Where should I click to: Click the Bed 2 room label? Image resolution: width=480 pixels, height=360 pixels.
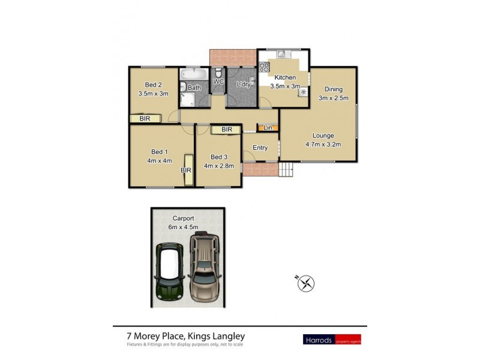click(x=153, y=85)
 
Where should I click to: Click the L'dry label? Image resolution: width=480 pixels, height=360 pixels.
click(x=243, y=85)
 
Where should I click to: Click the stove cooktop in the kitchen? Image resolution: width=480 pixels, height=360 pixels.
click(x=263, y=68)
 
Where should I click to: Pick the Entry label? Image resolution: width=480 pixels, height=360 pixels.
click(x=260, y=148)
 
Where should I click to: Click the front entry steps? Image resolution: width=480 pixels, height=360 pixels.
click(x=288, y=170)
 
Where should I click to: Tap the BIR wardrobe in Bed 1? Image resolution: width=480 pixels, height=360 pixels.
click(x=188, y=170)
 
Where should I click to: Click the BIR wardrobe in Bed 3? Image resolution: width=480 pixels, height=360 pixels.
click(x=226, y=130)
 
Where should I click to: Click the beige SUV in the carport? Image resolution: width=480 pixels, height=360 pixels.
click(x=205, y=267)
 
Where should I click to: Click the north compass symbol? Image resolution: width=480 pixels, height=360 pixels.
click(x=306, y=283)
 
